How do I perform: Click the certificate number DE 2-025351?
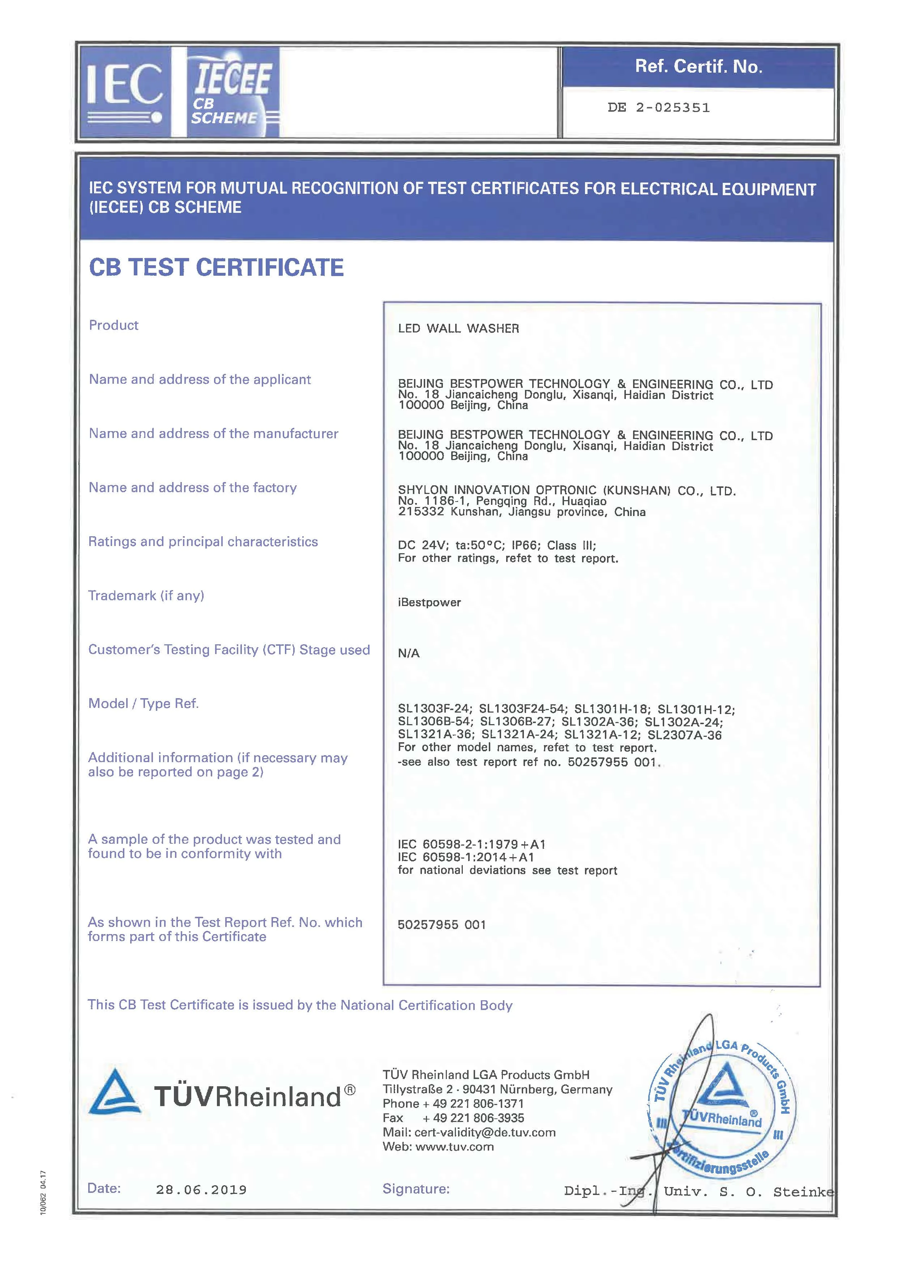click(658, 108)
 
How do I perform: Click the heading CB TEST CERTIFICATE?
click(216, 267)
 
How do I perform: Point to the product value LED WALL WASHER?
click(458, 328)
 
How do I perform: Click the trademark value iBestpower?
click(429, 602)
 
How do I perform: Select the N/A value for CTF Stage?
click(409, 653)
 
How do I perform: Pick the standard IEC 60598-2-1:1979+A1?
click(471, 844)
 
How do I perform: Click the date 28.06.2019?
click(201, 1190)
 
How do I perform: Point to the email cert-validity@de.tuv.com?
click(485, 1133)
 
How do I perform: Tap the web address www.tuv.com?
click(454, 1147)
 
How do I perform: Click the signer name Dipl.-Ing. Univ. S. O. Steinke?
click(699, 1192)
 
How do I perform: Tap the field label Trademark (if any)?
click(146, 596)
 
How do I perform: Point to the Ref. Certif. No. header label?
click(698, 67)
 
